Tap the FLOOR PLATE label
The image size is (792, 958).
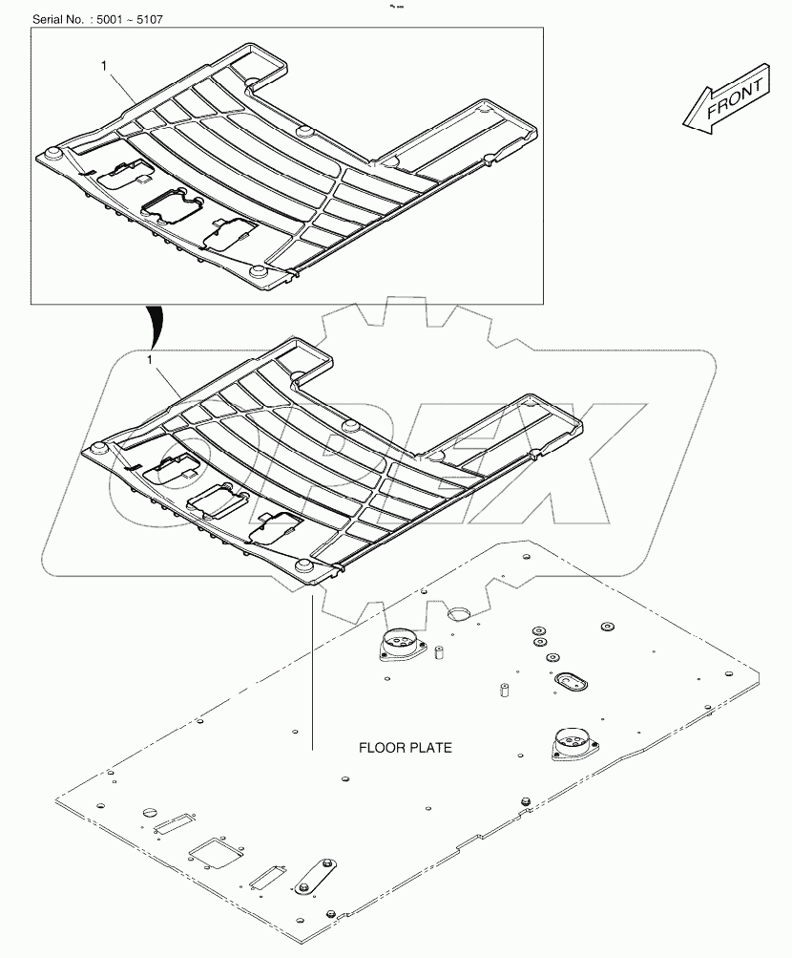(x=405, y=748)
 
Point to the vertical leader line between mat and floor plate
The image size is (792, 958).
(x=312, y=669)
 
